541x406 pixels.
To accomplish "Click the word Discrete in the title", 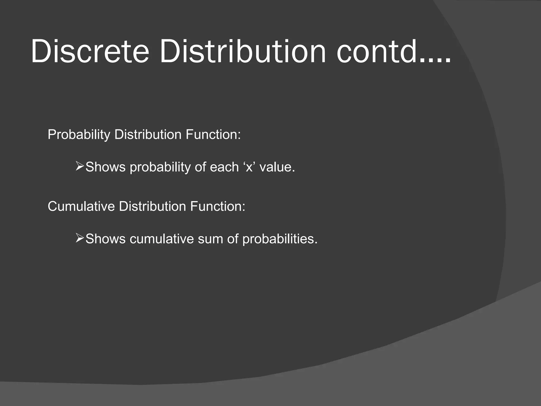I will coord(90,51).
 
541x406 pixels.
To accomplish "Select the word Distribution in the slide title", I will coord(242,51).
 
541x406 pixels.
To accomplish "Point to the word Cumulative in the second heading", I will coord(81,206).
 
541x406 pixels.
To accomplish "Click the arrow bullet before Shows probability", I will coord(80,167).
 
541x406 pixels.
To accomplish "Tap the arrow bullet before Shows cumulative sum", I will coord(80,238).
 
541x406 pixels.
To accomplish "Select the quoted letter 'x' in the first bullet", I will coord(249,167).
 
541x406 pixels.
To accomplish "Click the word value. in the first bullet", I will coord(277,167).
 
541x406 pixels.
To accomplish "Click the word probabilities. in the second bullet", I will coord(280,239).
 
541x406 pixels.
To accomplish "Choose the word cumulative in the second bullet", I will coord(162,239).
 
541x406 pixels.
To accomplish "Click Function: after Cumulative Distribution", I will coord(218,206).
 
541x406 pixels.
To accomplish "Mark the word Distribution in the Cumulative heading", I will coord(152,206).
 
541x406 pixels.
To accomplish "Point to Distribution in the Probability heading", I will coord(148,135).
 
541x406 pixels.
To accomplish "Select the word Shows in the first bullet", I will coord(105,167).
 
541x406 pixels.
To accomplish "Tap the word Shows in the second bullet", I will coord(105,239).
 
